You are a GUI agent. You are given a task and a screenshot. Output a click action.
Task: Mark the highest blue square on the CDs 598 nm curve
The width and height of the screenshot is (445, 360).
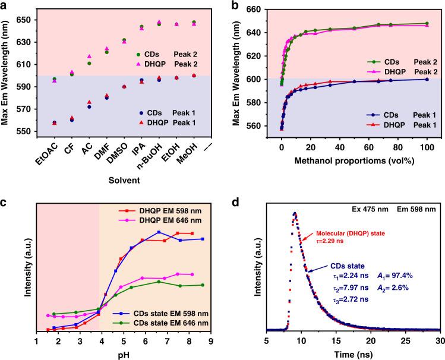159,232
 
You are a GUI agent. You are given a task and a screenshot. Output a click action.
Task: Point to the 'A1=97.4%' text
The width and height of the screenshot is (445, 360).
395,276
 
